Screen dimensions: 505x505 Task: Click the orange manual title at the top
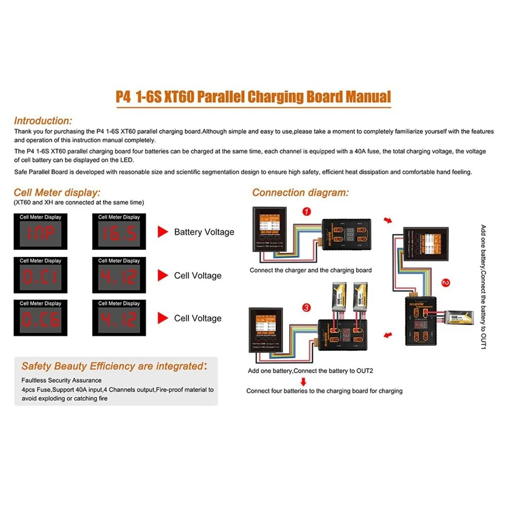click(x=253, y=97)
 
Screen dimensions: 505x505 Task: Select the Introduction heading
click(x=43, y=120)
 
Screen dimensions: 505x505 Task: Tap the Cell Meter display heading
click(x=57, y=192)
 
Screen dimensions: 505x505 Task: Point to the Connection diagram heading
click(x=300, y=193)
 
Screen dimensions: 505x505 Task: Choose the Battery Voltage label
click(x=204, y=232)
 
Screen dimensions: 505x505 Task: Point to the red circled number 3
click(x=307, y=307)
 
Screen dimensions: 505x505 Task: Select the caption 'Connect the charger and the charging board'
click(x=311, y=270)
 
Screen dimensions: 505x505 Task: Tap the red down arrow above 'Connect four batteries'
click(x=304, y=381)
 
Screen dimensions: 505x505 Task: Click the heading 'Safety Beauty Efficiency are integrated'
click(x=114, y=365)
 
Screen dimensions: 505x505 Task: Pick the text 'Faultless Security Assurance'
click(x=61, y=381)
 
